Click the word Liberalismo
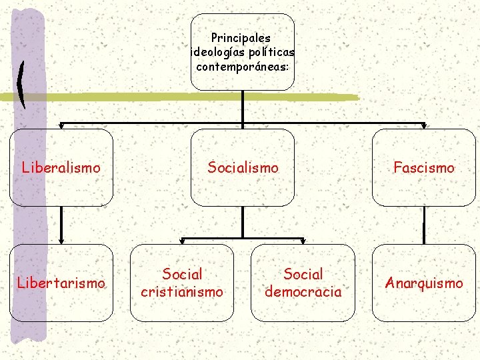coord(61,167)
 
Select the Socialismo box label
coord(243,167)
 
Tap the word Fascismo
coord(424,167)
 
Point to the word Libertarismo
coord(61,283)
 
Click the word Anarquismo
coord(424,283)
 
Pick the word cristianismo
coord(182,291)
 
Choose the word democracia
coord(303,291)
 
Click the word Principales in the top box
coord(241,39)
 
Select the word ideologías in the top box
coord(217,52)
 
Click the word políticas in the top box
coord(270,52)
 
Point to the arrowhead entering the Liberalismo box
coord(61,125)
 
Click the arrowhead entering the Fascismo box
coord(425,125)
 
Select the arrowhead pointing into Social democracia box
coord(303,241)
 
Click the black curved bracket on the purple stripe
coord(22,85)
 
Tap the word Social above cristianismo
coord(182,274)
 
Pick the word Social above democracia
coord(303,274)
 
